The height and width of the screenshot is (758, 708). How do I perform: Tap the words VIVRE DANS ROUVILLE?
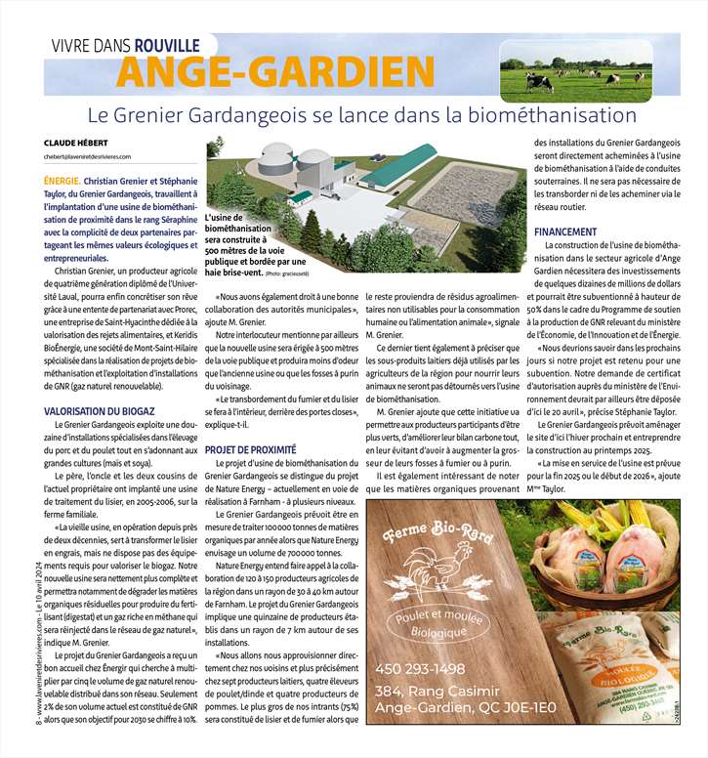pyautogui.click(x=126, y=44)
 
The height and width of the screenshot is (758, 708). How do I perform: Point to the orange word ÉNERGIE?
pyautogui.click(x=62, y=182)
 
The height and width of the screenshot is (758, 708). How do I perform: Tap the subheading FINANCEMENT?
pyautogui.click(x=566, y=232)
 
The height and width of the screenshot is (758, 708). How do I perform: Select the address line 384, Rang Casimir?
pyautogui.click(x=439, y=692)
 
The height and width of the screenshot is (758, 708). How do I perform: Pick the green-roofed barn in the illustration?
pyautogui.click(x=400, y=170)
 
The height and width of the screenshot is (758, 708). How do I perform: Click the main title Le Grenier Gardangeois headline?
pyautogui.click(x=361, y=114)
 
